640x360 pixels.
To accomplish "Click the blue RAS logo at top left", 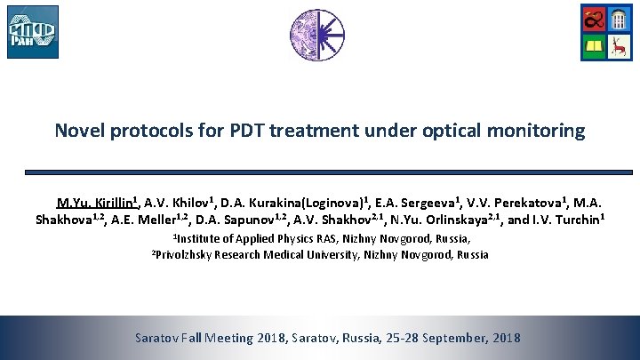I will tap(33, 32).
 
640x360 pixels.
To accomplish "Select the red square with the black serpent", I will tap(594, 18).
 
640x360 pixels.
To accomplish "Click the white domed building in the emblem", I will tap(620, 18).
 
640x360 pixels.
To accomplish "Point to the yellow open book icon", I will tap(594, 45).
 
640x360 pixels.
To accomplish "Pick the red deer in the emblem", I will tap(620, 45).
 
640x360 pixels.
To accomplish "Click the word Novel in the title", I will tap(78, 131).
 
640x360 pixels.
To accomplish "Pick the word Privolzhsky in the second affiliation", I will tap(188, 255).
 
